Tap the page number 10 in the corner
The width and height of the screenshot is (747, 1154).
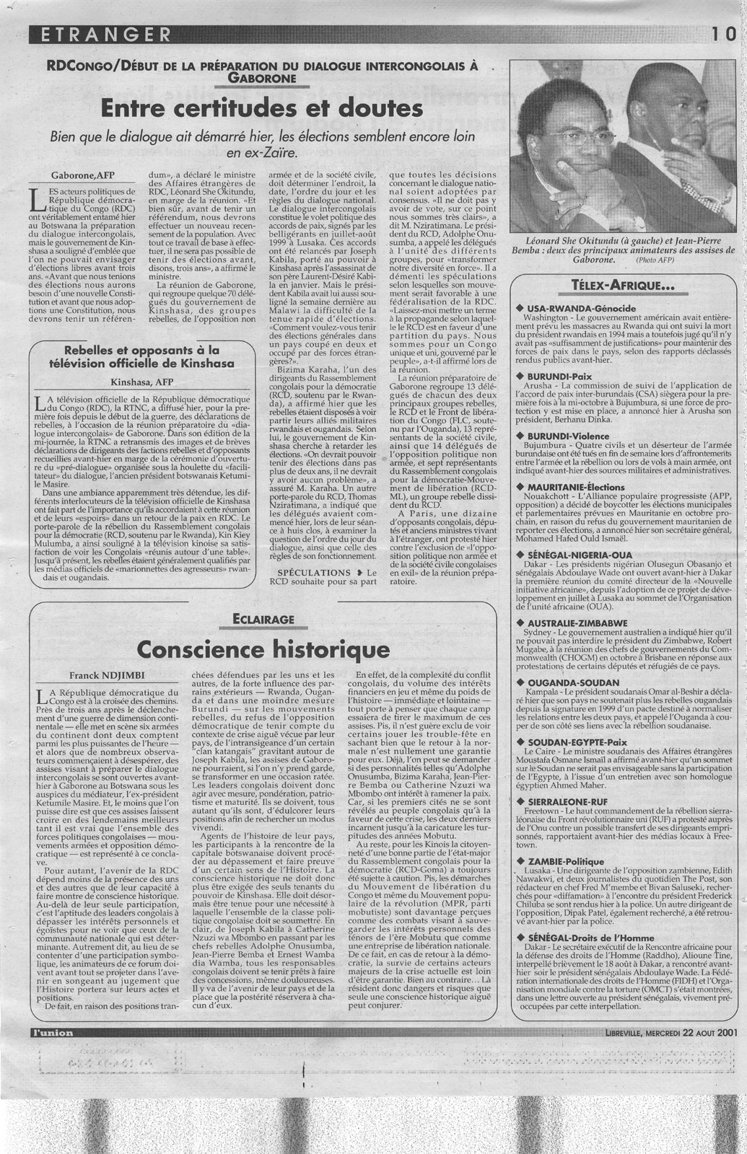pos(724,33)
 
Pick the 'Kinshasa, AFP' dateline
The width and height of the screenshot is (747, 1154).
pos(141,382)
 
